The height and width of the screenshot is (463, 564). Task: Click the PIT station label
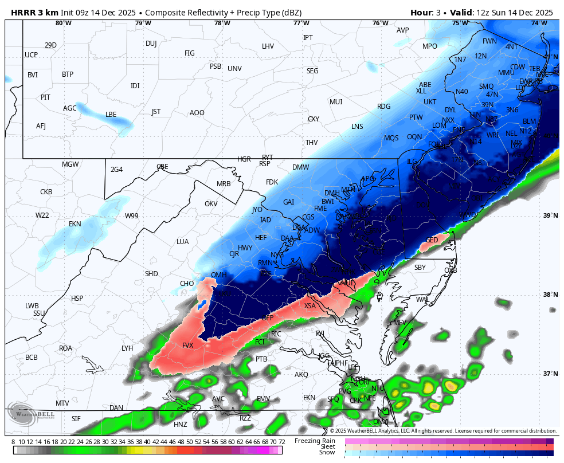[45, 97]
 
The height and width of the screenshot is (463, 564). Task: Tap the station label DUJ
[151, 44]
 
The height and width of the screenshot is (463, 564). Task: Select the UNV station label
[234, 69]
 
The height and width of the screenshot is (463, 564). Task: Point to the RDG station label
[383, 107]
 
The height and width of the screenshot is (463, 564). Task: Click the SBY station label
[420, 268]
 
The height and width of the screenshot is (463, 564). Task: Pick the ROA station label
[66, 348]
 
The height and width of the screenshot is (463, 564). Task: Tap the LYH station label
[127, 348]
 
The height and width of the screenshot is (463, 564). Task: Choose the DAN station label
[116, 408]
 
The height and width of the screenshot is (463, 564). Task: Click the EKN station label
[75, 224]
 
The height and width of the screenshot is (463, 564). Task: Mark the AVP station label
[403, 30]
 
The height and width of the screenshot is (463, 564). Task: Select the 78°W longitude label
[222, 23]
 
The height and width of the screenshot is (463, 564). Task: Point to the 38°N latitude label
[550, 295]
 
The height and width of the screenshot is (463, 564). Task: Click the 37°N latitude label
[550, 374]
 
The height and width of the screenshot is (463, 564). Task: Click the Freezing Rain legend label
[315, 441]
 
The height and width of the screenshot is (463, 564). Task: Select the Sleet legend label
[327, 446]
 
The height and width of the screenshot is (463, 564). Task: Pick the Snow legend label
[327, 453]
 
